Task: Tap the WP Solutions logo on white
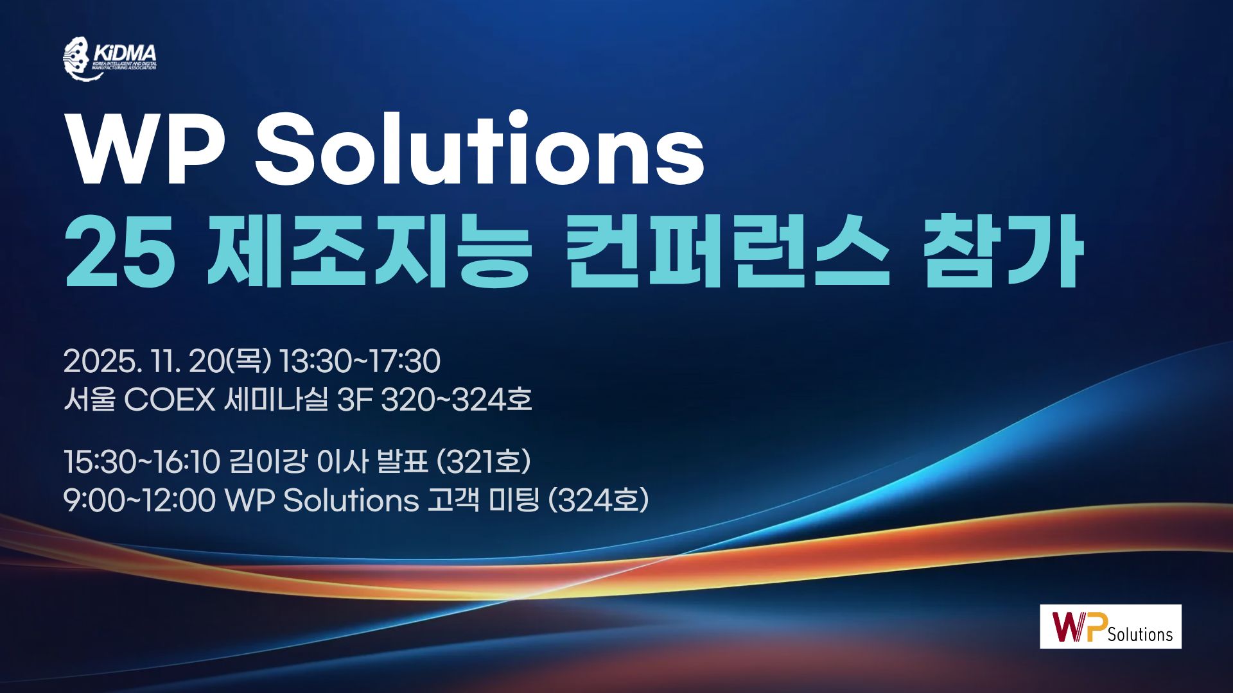point(1110,626)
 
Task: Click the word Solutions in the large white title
point(480,149)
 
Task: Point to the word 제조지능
point(368,251)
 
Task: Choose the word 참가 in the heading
point(1002,251)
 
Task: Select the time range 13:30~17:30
point(360,361)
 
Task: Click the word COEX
point(170,400)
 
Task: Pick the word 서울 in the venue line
point(89,400)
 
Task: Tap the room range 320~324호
point(457,400)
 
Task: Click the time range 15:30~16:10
point(142,461)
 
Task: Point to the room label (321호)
point(484,461)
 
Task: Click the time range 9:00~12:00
point(139,501)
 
